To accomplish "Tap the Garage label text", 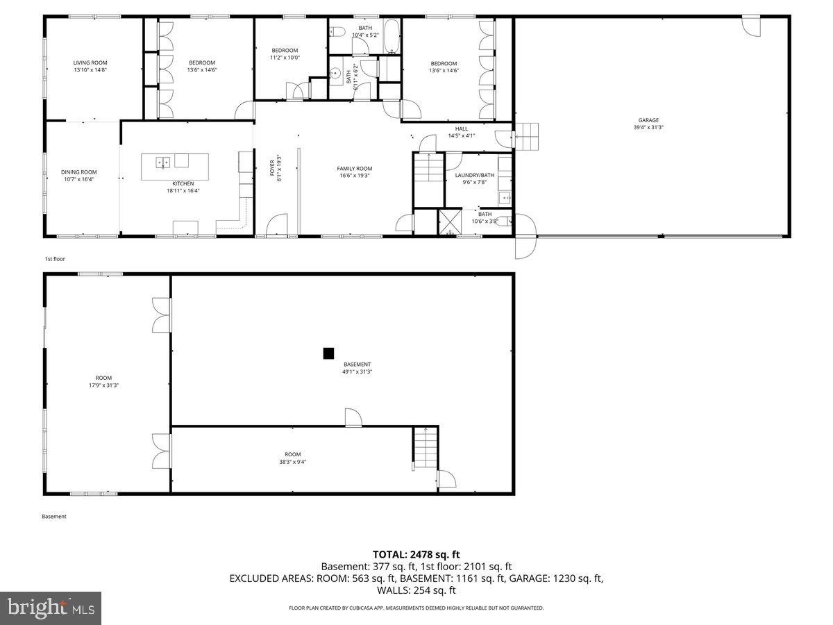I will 648,120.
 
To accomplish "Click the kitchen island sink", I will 162,162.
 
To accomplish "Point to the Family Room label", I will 354,169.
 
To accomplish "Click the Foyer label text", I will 273,169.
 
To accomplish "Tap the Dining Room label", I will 78,172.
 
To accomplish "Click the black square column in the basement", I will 328,353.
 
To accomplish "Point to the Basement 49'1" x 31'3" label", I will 357,368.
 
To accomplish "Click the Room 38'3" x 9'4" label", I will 292,458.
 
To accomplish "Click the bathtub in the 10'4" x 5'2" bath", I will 392,36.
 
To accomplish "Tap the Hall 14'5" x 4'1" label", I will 461,132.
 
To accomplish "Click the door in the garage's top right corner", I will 751,26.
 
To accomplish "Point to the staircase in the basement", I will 425,448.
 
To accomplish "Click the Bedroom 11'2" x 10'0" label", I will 284,53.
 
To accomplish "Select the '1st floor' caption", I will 55,258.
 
